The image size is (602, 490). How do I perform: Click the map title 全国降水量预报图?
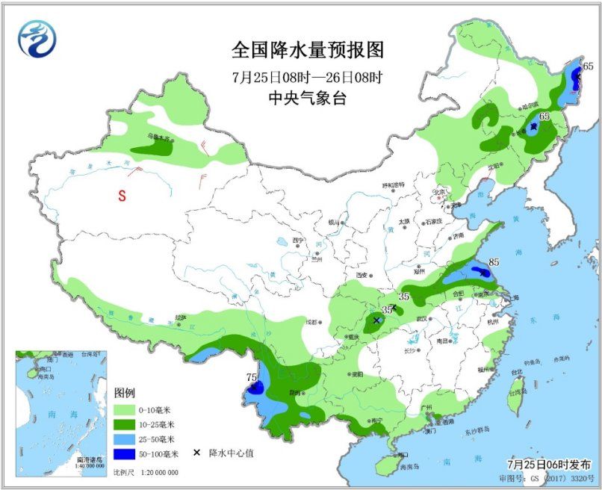(x=307, y=51)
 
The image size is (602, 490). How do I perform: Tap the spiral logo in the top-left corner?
(x=37, y=38)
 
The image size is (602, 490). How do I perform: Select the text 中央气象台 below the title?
(x=307, y=98)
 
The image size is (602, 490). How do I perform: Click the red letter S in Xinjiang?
(x=120, y=196)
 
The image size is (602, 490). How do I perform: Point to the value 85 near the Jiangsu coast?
(x=494, y=262)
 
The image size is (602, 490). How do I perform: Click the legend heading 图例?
(x=124, y=393)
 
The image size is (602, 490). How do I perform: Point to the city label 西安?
(x=364, y=275)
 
